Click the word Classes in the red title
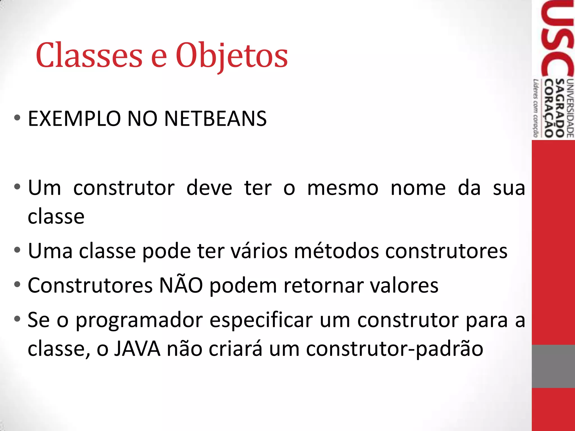[x=89, y=55]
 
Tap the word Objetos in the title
[x=232, y=55]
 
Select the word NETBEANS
[x=215, y=119]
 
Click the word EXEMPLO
[x=74, y=119]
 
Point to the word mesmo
[x=343, y=188]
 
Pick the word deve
[x=209, y=188]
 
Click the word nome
[x=418, y=188]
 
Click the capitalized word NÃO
[x=181, y=285]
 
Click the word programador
[x=139, y=320]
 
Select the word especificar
[x=261, y=320]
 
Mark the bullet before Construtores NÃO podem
[x=17, y=285]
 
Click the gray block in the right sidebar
[x=553, y=366]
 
